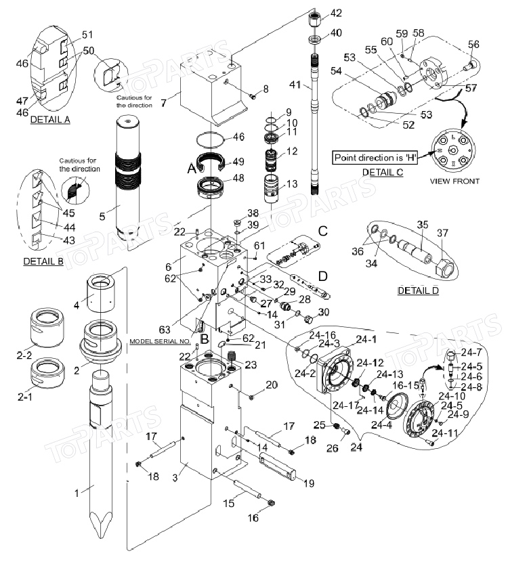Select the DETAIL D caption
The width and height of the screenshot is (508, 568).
(x=417, y=290)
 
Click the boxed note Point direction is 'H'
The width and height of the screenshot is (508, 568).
(x=375, y=158)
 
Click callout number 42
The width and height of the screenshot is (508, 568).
(x=336, y=13)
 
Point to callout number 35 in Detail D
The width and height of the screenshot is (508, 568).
(x=423, y=224)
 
